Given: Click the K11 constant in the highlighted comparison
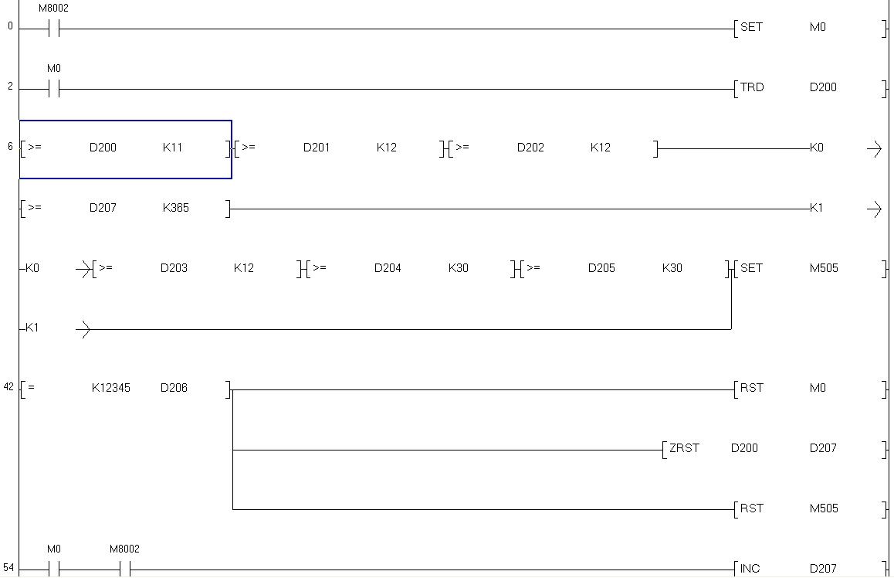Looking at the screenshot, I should pyautogui.click(x=172, y=148).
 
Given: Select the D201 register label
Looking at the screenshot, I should pyautogui.click(x=316, y=148).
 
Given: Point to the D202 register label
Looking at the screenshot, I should pyautogui.click(x=530, y=148).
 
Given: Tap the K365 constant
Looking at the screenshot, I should pyautogui.click(x=175, y=208).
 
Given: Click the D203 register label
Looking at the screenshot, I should pyautogui.click(x=174, y=268).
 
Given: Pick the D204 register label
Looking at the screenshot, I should pyautogui.click(x=388, y=268).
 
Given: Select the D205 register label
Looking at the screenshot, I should pyautogui.click(x=601, y=268).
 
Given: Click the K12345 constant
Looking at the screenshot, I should pyautogui.click(x=110, y=388).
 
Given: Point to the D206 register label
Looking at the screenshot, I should pyautogui.click(x=174, y=388).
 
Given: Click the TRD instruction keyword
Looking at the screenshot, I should pyautogui.click(x=752, y=87).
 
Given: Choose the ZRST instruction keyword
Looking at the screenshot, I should pyautogui.click(x=684, y=448).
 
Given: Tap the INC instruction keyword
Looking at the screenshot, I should pyautogui.click(x=750, y=569).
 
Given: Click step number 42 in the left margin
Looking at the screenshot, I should pyautogui.click(x=9, y=387).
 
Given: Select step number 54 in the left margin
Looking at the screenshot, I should pyautogui.click(x=9, y=568).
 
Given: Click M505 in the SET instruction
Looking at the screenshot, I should pyautogui.click(x=823, y=268).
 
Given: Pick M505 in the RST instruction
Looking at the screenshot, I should pyautogui.click(x=823, y=508).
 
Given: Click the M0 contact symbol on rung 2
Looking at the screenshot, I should pyautogui.click(x=54, y=90).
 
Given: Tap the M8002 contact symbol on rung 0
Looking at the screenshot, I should pyautogui.click(x=54, y=29).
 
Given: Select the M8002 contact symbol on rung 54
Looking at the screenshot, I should pyautogui.click(x=125, y=570).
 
